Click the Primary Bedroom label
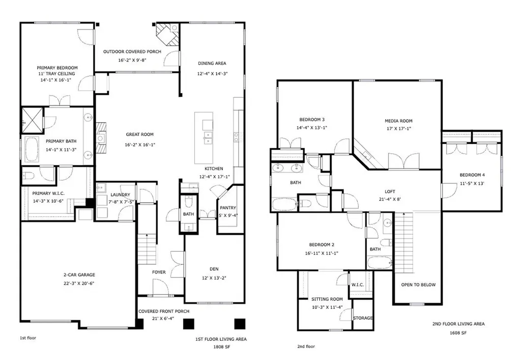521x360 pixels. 57,68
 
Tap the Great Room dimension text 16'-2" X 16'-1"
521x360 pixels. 140,145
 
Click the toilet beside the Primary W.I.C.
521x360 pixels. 28,176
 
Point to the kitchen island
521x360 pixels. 204,137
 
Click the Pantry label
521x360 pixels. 228,208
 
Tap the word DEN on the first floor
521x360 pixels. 214,269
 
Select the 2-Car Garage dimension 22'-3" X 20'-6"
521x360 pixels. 79,284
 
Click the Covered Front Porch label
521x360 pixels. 164,311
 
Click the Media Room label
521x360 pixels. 398,121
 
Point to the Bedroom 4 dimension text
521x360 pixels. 472,183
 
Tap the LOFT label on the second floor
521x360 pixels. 390,191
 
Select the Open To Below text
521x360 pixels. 418,285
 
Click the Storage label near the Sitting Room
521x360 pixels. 363,318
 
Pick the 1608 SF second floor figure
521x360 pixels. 458,333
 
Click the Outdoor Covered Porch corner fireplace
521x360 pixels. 168,34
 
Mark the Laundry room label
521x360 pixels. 120,195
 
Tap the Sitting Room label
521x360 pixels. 327,299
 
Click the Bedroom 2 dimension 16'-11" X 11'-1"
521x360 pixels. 322,253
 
